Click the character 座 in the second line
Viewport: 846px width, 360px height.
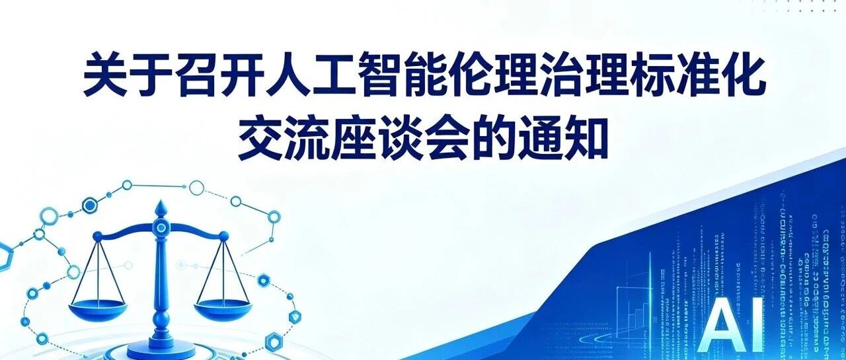pyautogui.click(x=351, y=139)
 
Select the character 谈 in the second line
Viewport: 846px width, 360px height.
pyautogui.click(x=397, y=139)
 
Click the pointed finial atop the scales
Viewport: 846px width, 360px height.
pyautogui.click(x=161, y=208)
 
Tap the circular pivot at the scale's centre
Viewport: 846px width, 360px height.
pyautogui.click(x=161, y=227)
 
